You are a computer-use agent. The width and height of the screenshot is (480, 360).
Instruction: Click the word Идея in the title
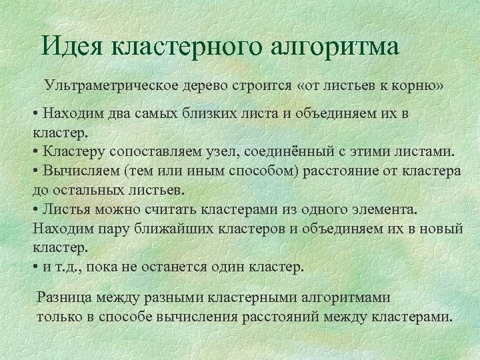click(x=72, y=47)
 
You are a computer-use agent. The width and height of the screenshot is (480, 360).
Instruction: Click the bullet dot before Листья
click(x=35, y=209)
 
